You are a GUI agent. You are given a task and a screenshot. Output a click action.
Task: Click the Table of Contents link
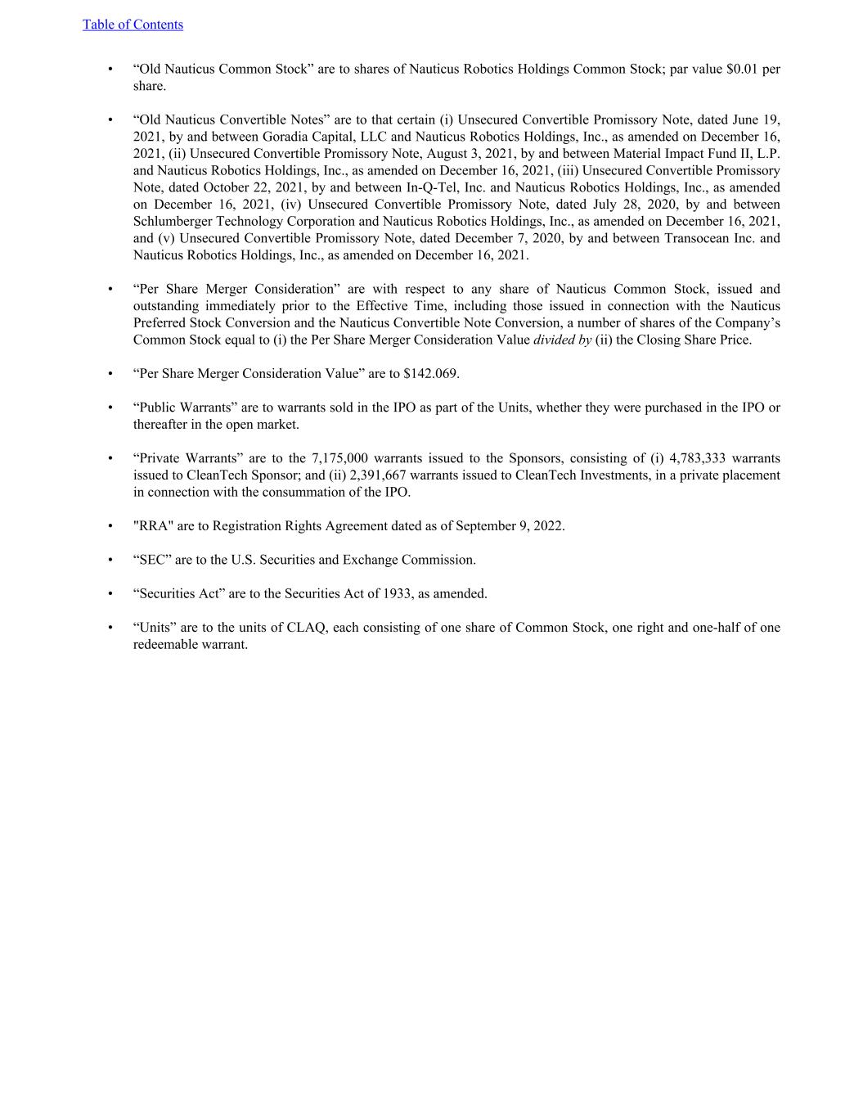pos(133,25)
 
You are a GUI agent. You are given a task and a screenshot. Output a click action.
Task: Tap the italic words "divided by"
pos(562,340)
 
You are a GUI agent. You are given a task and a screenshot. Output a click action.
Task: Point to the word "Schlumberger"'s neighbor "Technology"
pos(249,221)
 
